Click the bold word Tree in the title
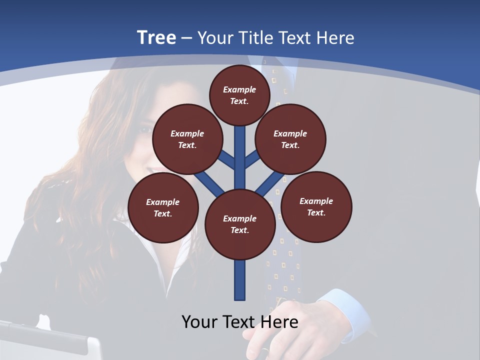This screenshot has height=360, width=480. (156, 38)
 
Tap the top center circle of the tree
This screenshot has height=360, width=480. (239, 95)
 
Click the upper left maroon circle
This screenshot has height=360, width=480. (187, 139)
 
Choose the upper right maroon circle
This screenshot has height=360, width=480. (290, 139)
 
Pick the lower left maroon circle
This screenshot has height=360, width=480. (163, 207)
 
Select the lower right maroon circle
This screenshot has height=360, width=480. (316, 206)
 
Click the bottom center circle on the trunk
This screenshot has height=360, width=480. (240, 224)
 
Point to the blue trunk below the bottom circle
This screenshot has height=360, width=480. (240, 280)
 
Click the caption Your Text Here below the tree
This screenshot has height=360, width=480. (240, 322)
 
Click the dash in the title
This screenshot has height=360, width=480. (186, 38)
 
